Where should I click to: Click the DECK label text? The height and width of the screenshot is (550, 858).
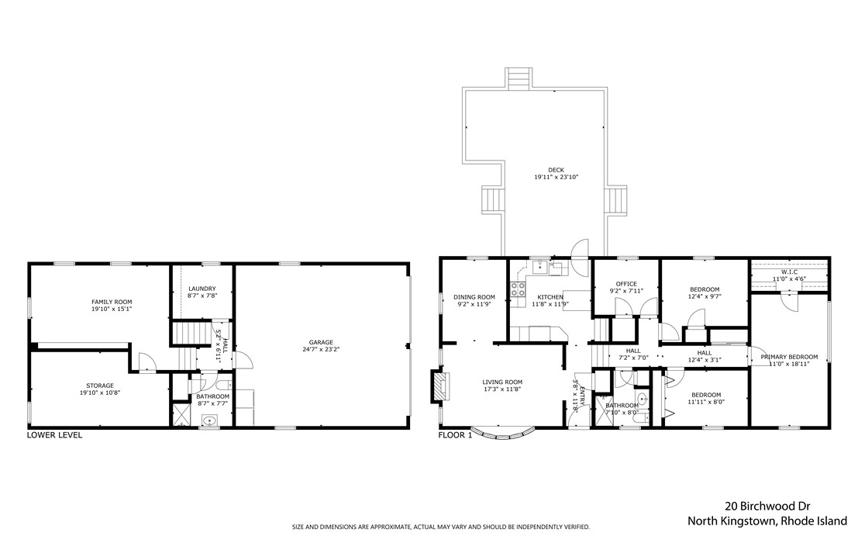[556, 170]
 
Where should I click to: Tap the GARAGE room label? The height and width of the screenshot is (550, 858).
[320, 342]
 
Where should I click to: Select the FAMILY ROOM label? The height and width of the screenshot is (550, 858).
[112, 301]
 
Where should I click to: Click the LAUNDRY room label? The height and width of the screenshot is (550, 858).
[202, 289]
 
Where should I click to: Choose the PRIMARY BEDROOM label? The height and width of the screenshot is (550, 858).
[789, 357]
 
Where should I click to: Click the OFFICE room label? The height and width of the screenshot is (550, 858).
[625, 284]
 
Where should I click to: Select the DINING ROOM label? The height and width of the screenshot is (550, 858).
[474, 296]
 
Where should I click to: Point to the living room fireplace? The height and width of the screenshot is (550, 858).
[439, 386]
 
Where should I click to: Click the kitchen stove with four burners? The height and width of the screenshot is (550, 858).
[518, 291]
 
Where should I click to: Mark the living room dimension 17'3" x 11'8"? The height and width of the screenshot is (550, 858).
[502, 389]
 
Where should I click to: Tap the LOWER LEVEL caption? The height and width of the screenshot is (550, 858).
[54, 435]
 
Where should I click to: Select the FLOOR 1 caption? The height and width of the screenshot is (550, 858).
[455, 435]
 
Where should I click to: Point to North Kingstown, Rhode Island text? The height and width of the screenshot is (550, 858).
[767, 521]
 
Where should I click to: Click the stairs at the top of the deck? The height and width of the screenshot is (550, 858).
[519, 78]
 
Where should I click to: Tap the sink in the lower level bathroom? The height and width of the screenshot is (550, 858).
[208, 420]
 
